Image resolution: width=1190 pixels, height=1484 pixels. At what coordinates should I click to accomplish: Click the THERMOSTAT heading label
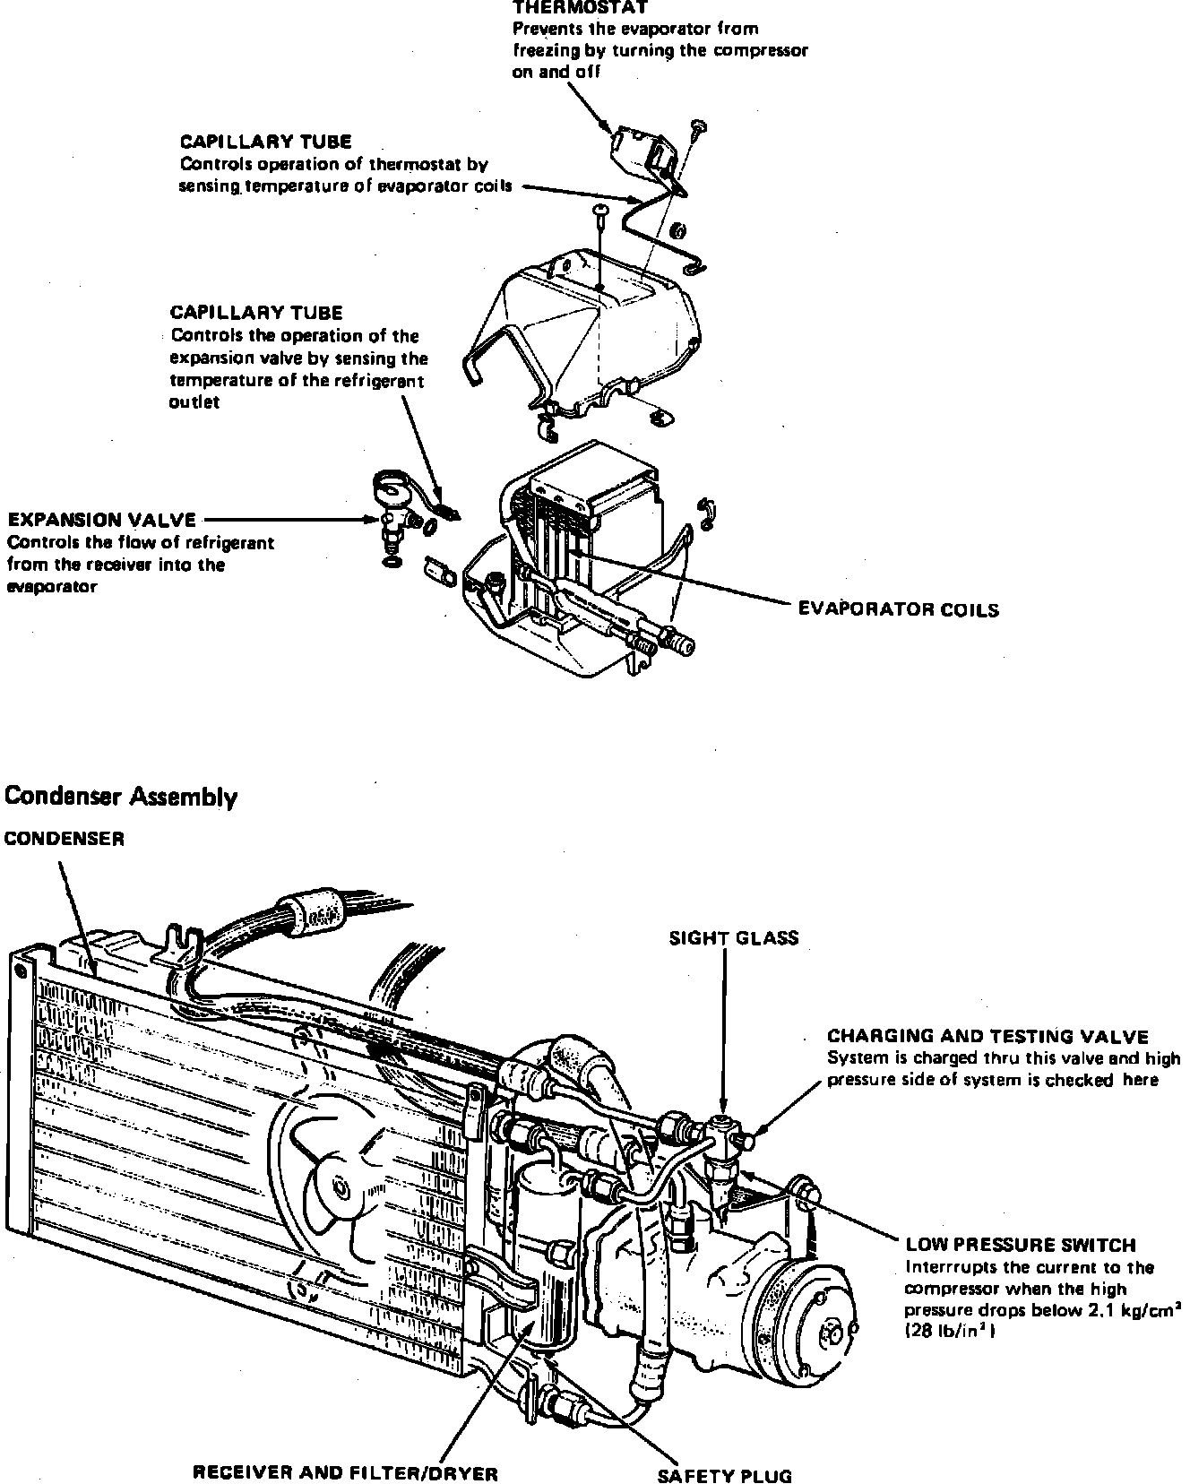click(580, 7)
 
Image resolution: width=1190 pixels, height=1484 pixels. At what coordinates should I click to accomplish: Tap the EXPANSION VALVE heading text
click(102, 520)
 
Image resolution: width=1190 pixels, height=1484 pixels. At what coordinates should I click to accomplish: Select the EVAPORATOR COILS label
click(898, 609)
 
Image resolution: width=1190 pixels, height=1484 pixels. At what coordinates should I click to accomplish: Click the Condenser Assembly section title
click(121, 797)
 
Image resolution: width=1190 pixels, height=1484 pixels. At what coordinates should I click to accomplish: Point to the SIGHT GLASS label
click(734, 938)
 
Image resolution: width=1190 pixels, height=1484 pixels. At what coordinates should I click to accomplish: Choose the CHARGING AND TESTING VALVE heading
click(987, 1037)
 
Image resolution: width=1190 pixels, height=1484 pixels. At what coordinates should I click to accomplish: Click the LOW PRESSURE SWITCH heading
click(1021, 1245)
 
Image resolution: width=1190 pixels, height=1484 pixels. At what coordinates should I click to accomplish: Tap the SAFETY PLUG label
click(725, 1476)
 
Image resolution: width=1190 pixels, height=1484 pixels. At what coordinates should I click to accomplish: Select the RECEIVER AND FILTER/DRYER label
click(345, 1472)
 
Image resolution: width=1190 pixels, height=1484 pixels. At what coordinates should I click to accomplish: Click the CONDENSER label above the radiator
click(65, 839)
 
